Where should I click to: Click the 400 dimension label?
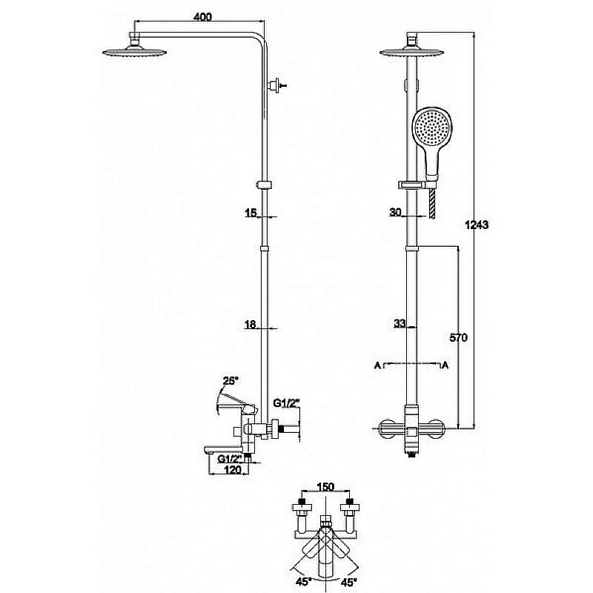[x=202, y=17]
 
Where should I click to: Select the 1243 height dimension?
[x=477, y=225]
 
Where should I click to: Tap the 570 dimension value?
[x=458, y=337]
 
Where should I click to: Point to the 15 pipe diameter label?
[x=251, y=213]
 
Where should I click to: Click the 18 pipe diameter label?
[x=251, y=324]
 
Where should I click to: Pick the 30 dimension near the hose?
[x=395, y=212]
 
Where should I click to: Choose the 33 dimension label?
[x=400, y=323]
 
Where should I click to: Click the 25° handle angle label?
[x=231, y=380]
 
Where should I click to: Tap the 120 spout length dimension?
[x=233, y=469]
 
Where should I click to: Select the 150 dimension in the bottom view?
[x=326, y=487]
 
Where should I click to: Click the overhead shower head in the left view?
[x=135, y=52]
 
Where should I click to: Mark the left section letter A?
[x=377, y=365]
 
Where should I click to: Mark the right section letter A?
[x=445, y=365]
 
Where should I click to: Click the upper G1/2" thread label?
[x=286, y=403]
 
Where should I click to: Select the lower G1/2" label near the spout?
[x=230, y=459]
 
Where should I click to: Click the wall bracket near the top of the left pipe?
[x=275, y=85]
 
